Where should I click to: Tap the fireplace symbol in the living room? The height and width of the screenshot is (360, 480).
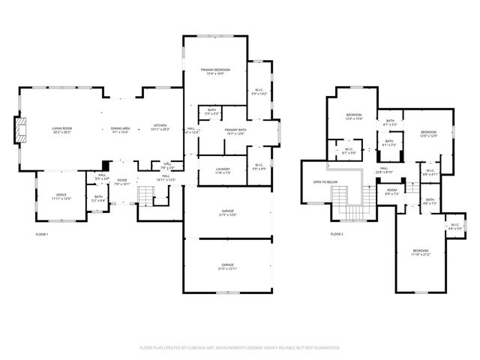[x=21, y=130]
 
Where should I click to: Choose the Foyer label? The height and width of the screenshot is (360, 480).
[x=121, y=181]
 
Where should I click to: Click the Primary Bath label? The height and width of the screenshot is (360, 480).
[x=235, y=132]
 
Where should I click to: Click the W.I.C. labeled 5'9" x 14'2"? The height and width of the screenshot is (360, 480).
[x=259, y=91]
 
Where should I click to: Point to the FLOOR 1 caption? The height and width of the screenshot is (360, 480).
[x=42, y=235]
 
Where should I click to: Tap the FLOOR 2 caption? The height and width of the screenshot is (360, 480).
[x=337, y=235]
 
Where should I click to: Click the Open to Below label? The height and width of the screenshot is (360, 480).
[x=325, y=182]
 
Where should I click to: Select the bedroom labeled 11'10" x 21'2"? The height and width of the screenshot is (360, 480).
[x=420, y=253]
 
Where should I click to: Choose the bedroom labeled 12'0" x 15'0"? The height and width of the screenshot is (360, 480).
[x=353, y=116]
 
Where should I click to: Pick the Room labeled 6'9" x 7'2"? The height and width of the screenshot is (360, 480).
[x=391, y=192]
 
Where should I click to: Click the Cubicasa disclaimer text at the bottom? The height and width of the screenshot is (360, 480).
[x=240, y=347]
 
